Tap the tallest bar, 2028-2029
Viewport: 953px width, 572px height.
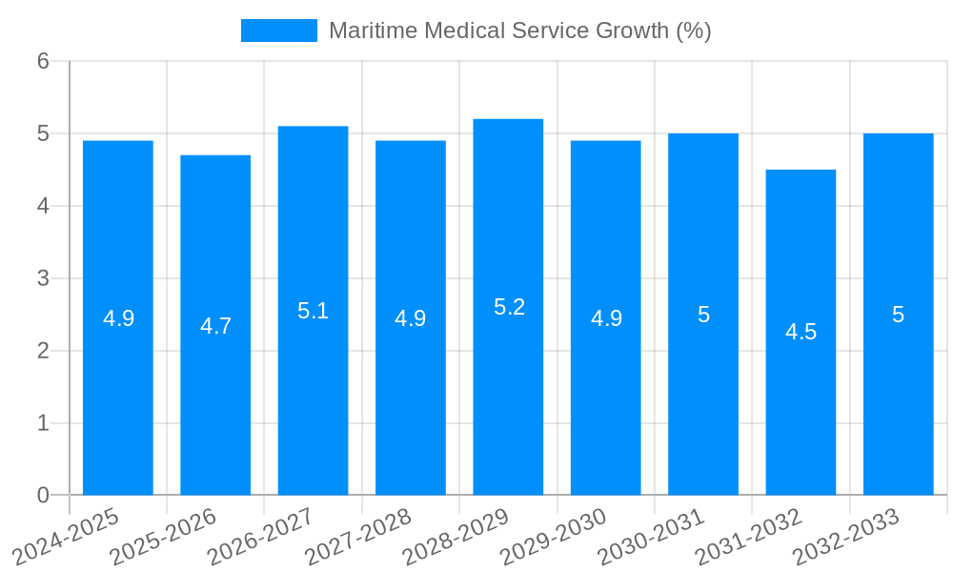508,400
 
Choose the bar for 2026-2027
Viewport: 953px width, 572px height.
313,400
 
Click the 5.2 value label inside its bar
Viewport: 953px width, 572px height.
509,307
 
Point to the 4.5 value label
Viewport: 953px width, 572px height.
801,332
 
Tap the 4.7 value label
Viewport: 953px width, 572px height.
215,326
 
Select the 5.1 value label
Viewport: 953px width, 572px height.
313,311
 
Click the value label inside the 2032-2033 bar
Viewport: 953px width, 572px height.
898,315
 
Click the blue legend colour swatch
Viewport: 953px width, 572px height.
278,31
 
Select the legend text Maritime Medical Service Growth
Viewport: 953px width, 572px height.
519,31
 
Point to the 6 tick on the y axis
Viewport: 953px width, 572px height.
43,62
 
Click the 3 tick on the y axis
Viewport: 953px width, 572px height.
43,278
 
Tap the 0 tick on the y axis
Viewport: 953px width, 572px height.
43,495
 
